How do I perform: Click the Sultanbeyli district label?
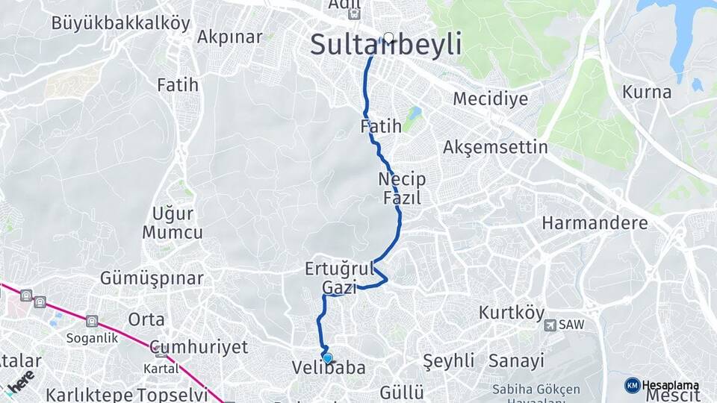[385, 45]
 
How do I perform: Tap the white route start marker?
[388, 37]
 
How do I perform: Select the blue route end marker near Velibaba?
[327, 357]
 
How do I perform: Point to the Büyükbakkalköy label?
[120, 22]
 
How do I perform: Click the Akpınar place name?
[229, 37]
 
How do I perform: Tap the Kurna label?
[647, 93]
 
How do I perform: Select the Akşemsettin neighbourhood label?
[495, 147]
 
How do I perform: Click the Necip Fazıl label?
[402, 189]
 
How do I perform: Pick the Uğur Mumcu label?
[173, 222]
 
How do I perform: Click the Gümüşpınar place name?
[152, 278]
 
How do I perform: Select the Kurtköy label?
[512, 313]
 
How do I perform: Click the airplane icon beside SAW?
[550, 325]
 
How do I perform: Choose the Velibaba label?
[329, 368]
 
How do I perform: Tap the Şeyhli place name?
[449, 361]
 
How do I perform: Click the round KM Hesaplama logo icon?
[633, 385]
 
